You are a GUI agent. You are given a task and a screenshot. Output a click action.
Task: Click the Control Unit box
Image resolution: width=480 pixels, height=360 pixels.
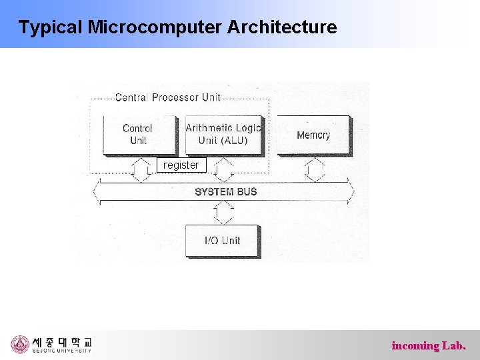click(138, 135)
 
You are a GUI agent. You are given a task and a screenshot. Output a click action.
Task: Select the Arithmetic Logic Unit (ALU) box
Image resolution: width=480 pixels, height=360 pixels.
click(223, 135)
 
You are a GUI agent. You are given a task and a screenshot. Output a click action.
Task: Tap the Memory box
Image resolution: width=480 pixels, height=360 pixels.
click(313, 135)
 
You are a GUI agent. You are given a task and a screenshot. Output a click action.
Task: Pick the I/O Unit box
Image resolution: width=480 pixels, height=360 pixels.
click(222, 241)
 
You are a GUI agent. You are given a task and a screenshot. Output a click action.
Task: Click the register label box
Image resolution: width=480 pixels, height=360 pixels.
click(181, 165)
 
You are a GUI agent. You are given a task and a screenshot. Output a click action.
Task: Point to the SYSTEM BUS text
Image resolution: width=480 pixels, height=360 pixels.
click(225, 192)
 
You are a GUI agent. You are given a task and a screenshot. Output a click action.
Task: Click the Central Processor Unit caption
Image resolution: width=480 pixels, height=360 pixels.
click(167, 97)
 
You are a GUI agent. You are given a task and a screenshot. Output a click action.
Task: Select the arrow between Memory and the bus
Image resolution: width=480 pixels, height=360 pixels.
click(314, 169)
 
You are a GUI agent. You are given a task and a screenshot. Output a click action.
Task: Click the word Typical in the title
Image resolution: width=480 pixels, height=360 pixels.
click(50, 27)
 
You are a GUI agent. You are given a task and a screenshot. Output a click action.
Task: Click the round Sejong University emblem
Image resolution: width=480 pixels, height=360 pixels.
click(20, 344)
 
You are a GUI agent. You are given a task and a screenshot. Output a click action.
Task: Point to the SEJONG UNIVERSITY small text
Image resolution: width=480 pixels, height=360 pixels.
click(62, 351)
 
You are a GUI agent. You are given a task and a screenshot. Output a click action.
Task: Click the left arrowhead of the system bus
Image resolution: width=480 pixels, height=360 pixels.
click(97, 192)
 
